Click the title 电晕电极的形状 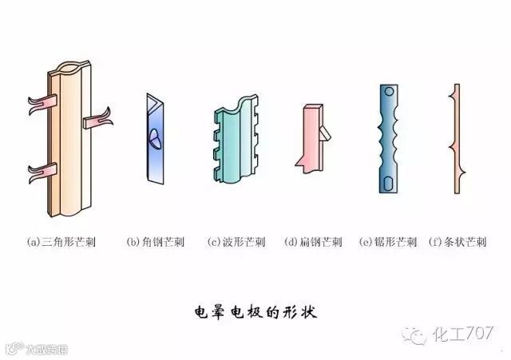click(x=255, y=311)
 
